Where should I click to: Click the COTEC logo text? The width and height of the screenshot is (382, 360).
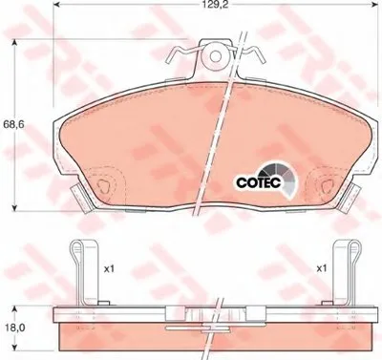(259, 182)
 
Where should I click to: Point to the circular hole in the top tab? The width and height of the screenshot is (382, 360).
(216, 56)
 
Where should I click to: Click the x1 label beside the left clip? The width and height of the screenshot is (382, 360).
(109, 269)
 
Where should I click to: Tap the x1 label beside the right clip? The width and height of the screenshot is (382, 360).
(322, 269)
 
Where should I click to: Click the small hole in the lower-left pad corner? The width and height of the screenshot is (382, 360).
(103, 185)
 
